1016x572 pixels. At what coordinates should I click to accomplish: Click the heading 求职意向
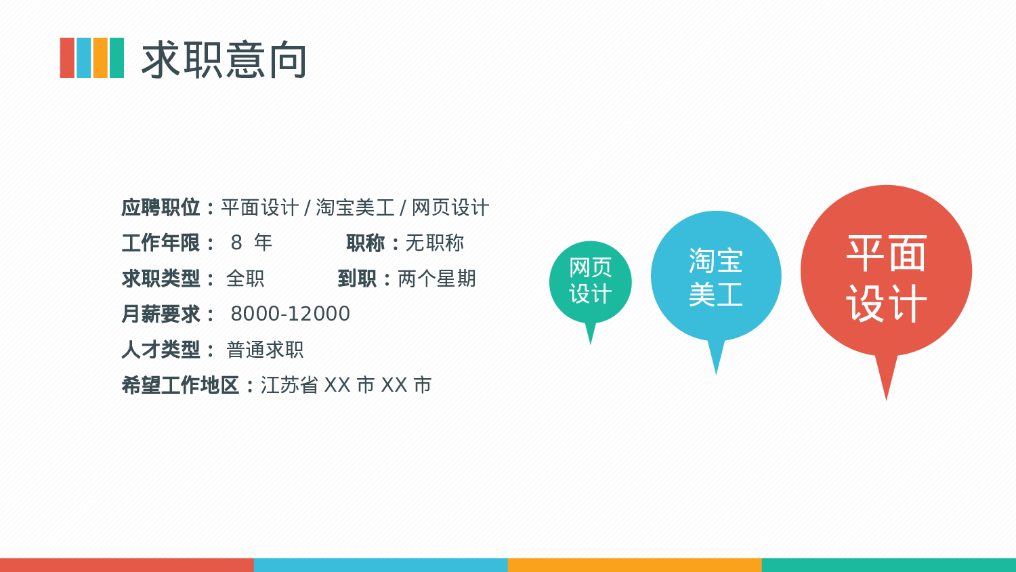tap(224, 60)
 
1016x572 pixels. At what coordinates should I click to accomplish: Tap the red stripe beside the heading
tap(67, 58)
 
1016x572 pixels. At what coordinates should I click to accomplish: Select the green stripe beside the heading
tap(117, 58)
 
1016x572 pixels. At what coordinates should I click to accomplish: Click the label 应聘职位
tap(161, 207)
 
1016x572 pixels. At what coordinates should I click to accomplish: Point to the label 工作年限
tap(161, 243)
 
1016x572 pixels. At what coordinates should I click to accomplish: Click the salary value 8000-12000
tap(290, 314)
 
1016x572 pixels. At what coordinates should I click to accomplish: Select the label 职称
tap(365, 243)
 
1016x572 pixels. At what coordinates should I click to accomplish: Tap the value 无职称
tap(435, 243)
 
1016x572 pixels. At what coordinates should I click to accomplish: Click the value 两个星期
tap(437, 279)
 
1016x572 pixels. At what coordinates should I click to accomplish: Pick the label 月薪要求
tap(161, 314)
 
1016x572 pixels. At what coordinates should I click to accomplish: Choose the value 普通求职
tap(265, 350)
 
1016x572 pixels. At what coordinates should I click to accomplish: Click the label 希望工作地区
tap(180, 385)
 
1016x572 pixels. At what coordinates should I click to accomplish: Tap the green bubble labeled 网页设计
tap(591, 281)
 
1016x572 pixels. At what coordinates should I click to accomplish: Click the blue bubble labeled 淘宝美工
tap(716, 277)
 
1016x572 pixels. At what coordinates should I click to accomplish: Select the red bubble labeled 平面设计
tap(886, 271)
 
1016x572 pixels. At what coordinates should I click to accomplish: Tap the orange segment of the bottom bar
tap(635, 565)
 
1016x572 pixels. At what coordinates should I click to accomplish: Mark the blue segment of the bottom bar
tap(381, 565)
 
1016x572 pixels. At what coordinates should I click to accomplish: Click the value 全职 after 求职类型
tap(245, 279)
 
